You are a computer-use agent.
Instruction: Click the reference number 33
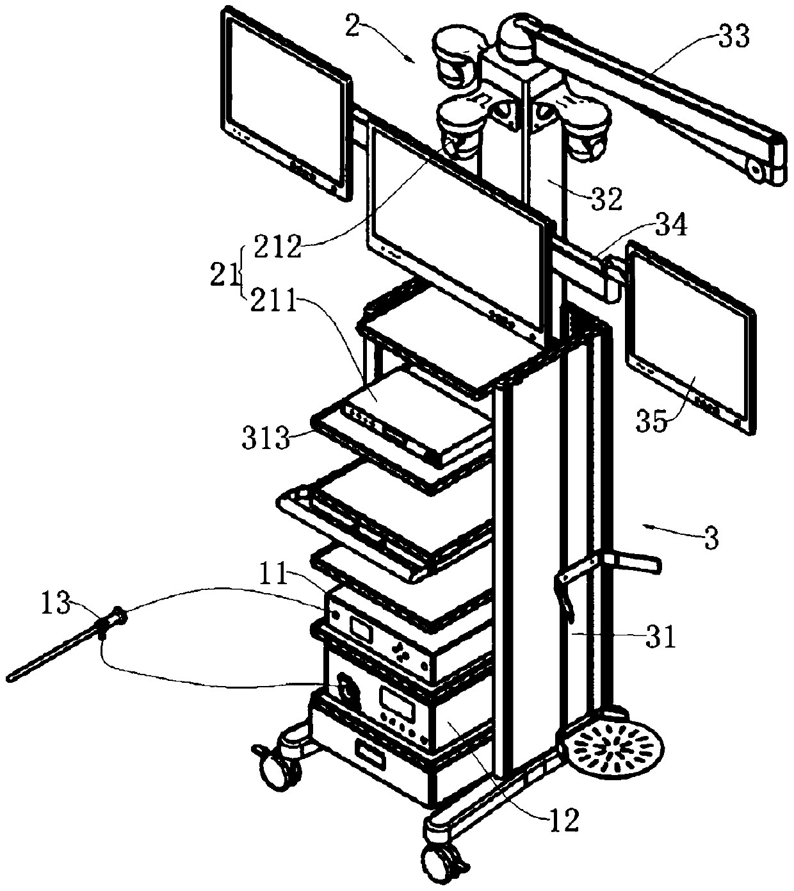coord(733,38)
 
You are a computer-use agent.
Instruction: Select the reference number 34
coord(668,227)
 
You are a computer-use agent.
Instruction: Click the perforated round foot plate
coord(612,749)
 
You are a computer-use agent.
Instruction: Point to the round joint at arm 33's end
coord(758,170)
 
